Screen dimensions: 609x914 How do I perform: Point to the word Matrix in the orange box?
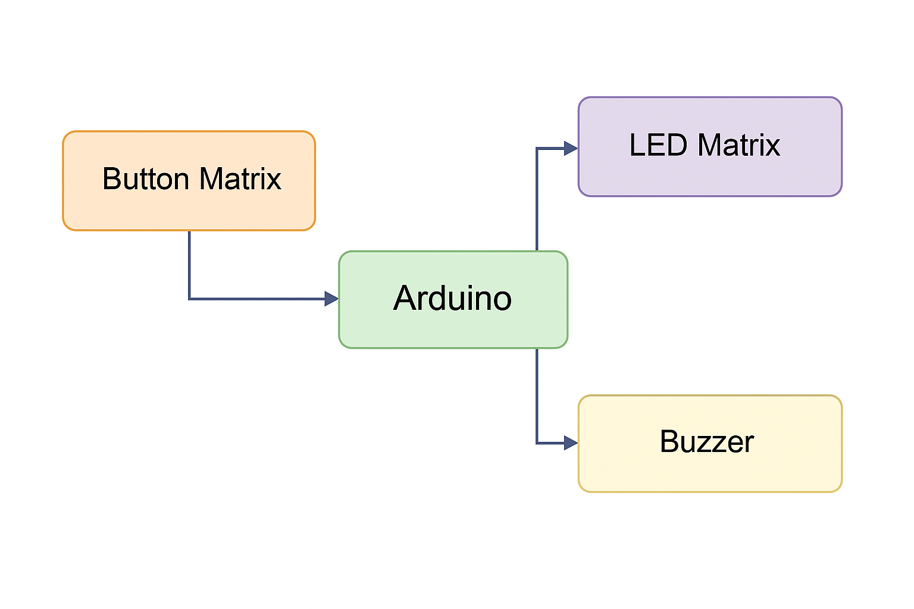pyautogui.click(x=240, y=179)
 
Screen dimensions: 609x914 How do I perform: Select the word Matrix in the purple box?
pyautogui.click(x=738, y=145)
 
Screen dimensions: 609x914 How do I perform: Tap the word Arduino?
pyautogui.click(x=452, y=298)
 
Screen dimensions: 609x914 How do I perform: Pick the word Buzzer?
pyautogui.click(x=706, y=442)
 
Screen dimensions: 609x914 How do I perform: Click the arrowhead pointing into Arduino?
pyautogui.click(x=331, y=299)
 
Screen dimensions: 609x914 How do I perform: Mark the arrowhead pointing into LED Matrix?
pyautogui.click(x=571, y=148)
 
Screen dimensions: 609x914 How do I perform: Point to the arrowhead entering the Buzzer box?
pyautogui.click(x=571, y=442)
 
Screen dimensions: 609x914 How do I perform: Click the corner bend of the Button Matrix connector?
pyautogui.click(x=189, y=299)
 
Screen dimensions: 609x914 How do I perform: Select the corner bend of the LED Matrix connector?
pyautogui.click(x=537, y=148)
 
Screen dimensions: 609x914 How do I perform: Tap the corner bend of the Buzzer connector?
pyautogui.click(x=537, y=442)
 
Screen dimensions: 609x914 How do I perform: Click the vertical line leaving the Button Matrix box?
pyautogui.click(x=189, y=265)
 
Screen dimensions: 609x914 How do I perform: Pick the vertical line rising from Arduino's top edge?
pyautogui.click(x=537, y=199)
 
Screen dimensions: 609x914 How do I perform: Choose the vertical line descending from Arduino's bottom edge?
pyautogui.click(x=537, y=395)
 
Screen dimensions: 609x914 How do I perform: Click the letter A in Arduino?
pyautogui.click(x=405, y=298)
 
